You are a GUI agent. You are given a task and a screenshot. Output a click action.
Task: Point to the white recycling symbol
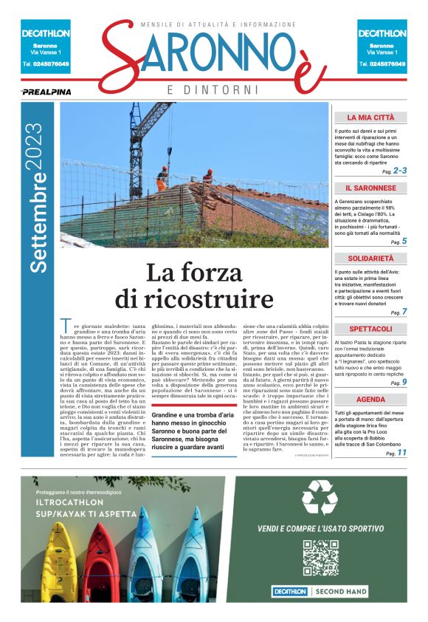tap(321, 497)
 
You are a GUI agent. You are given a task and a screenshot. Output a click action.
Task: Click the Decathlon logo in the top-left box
tap(46, 33)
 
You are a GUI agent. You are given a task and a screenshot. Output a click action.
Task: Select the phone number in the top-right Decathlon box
tap(382, 64)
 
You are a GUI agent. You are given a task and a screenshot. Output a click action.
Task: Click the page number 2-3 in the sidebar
tap(399, 171)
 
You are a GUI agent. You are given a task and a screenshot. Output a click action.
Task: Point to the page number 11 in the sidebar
tap(401, 453)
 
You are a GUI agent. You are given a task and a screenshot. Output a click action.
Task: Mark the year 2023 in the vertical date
tap(35, 148)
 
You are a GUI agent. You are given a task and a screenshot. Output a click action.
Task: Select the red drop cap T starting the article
tap(65, 325)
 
